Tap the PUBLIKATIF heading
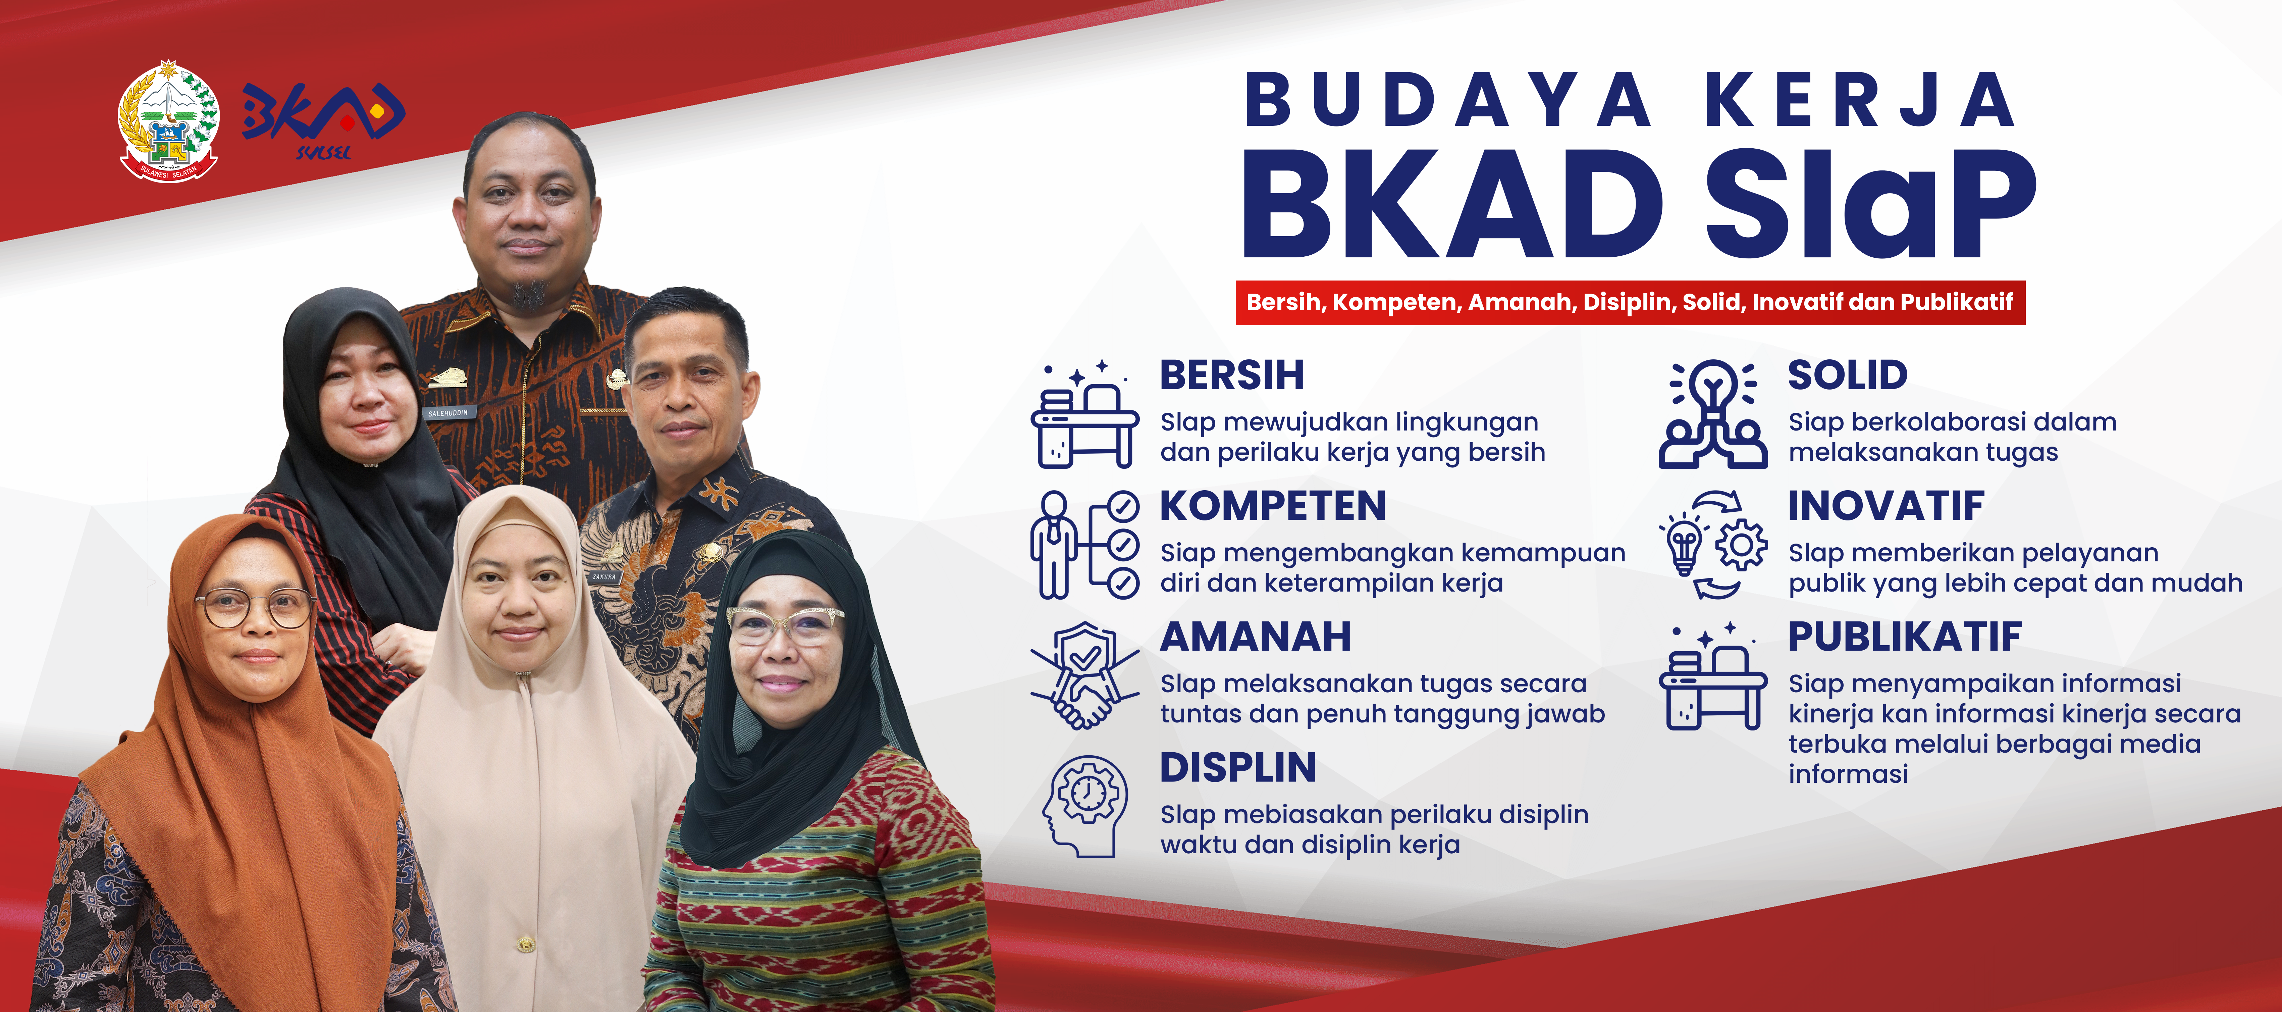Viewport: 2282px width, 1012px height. tap(1905, 637)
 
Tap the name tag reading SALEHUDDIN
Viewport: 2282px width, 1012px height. tap(447, 413)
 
